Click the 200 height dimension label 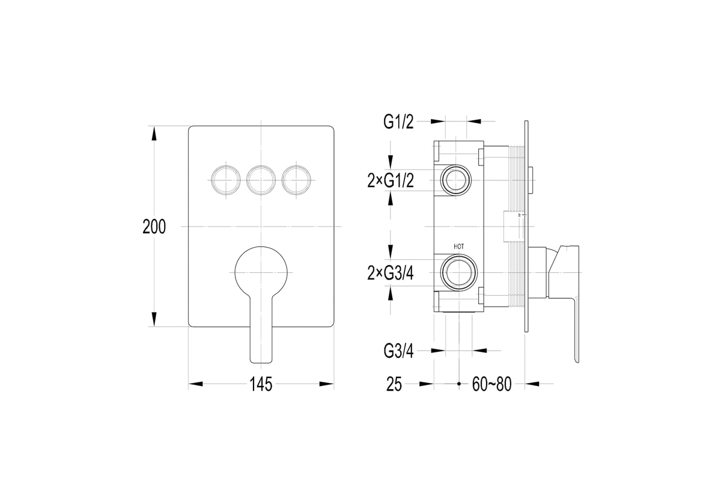(x=154, y=227)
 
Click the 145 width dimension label (x=261, y=384)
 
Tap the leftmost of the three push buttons (x=226, y=180)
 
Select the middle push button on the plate (x=261, y=180)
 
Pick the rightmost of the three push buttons (x=296, y=180)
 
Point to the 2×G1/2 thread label (x=391, y=180)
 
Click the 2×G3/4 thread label (x=391, y=273)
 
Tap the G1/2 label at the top (x=398, y=122)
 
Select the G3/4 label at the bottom (x=398, y=351)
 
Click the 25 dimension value (x=394, y=384)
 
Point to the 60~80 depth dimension (x=492, y=384)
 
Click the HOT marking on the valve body (x=458, y=247)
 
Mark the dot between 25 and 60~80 (x=459, y=384)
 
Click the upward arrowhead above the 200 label (x=154, y=133)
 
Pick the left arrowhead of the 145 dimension (x=196, y=384)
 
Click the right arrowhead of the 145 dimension (x=326, y=384)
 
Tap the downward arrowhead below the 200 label (x=154, y=319)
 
